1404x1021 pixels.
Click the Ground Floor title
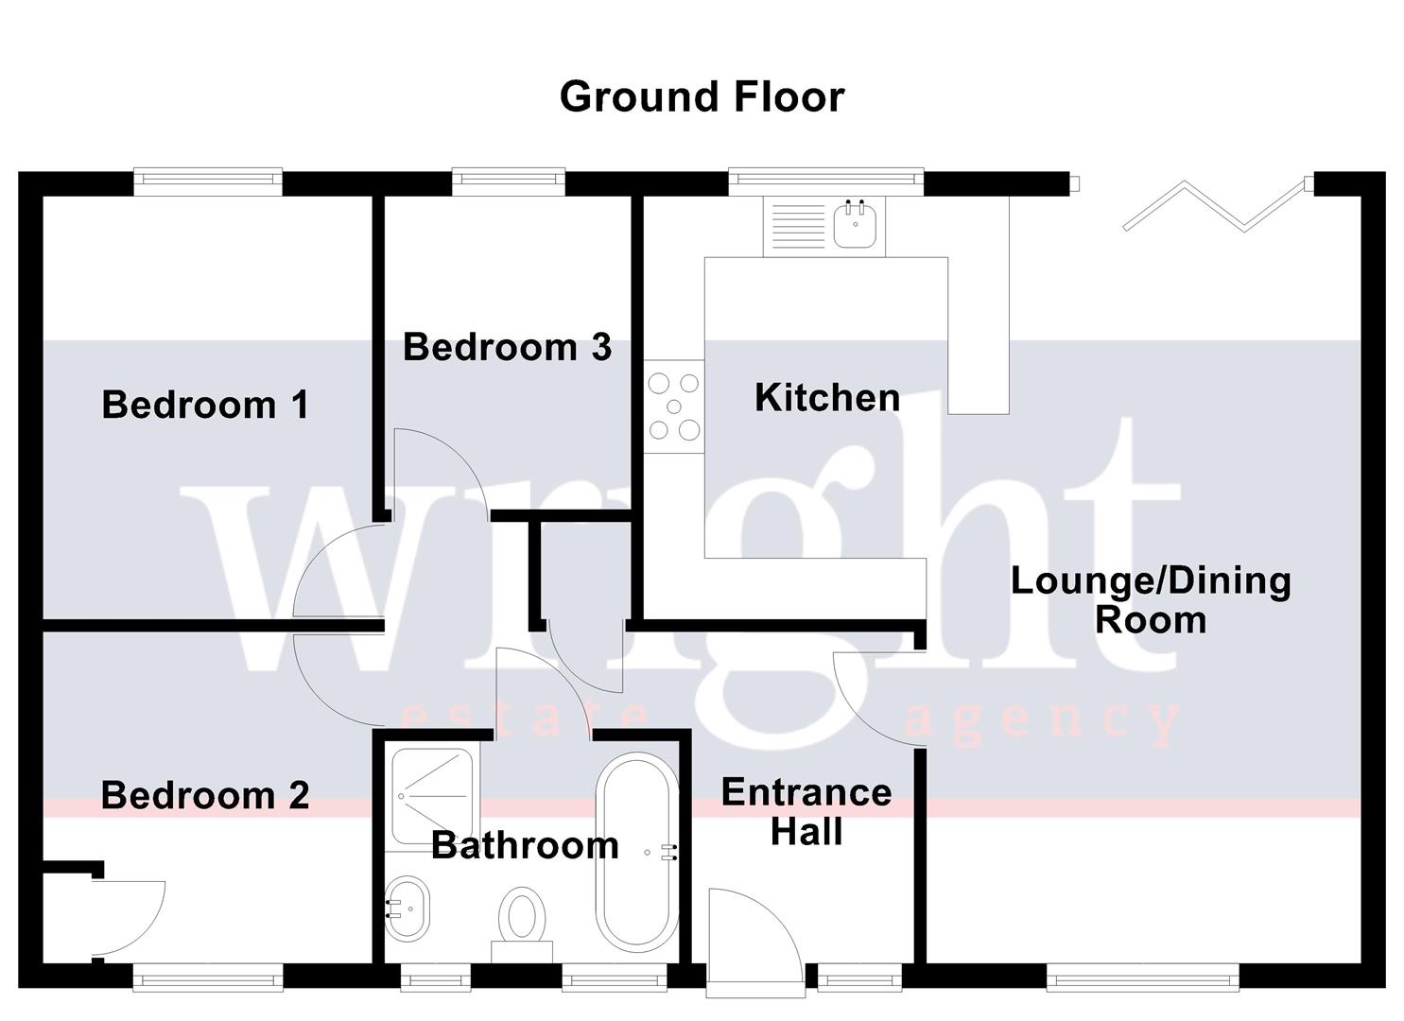coord(702,96)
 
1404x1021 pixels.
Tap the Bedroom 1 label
coord(205,405)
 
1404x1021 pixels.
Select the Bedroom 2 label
coord(205,795)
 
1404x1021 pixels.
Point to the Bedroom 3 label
coord(507,347)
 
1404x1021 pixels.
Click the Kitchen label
coord(827,397)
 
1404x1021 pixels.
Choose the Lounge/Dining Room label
coord(1151,600)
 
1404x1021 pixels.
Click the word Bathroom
coord(525,845)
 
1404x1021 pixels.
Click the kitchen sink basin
coord(857,225)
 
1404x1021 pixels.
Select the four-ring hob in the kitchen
coord(674,407)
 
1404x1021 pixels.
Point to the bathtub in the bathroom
coord(636,853)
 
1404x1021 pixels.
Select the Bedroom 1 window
coord(208,181)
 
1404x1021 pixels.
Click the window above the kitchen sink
coord(825,181)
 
